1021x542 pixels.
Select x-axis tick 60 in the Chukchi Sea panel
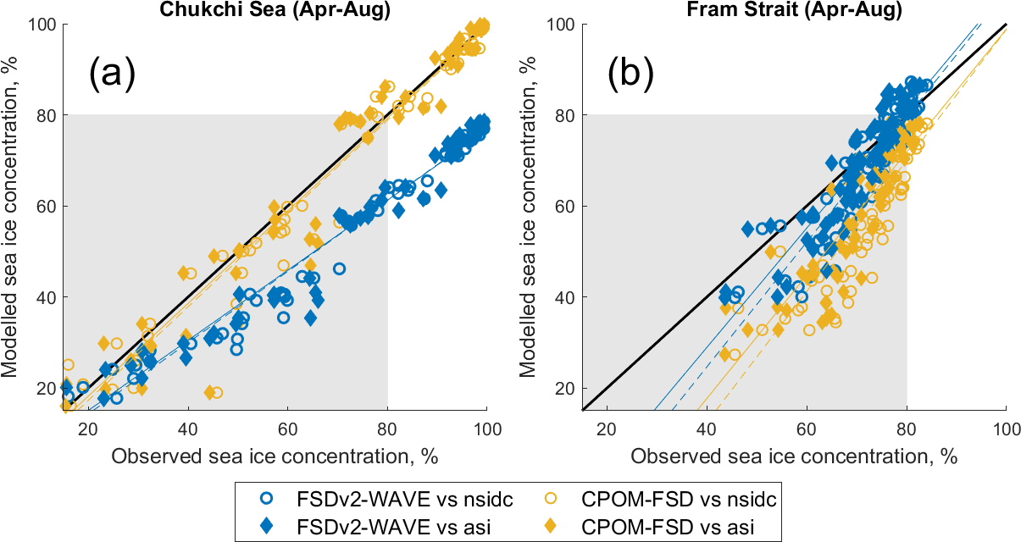click(287, 429)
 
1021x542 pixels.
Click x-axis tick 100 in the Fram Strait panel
click(1006, 429)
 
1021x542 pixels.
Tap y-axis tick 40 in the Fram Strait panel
click(564, 297)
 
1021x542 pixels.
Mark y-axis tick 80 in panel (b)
click(564, 115)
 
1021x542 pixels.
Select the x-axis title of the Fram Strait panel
click(794, 456)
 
